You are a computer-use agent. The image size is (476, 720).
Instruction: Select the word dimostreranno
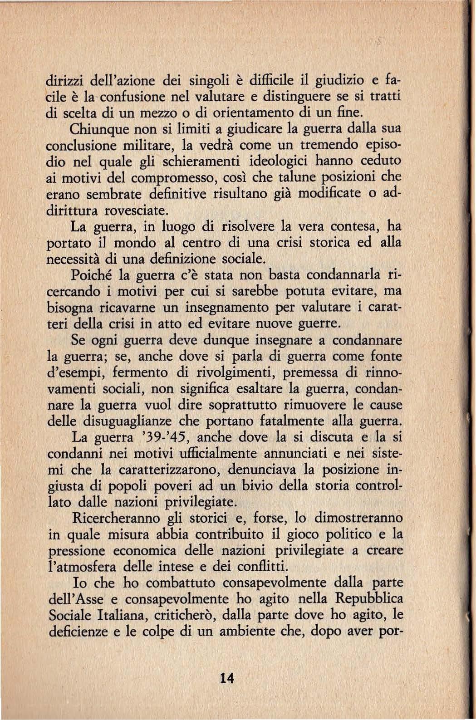[x=358, y=519]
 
